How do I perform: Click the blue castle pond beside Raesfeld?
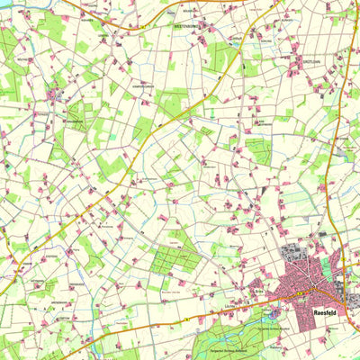(274, 314)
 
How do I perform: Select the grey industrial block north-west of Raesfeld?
(295, 255)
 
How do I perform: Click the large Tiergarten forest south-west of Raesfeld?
(225, 337)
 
